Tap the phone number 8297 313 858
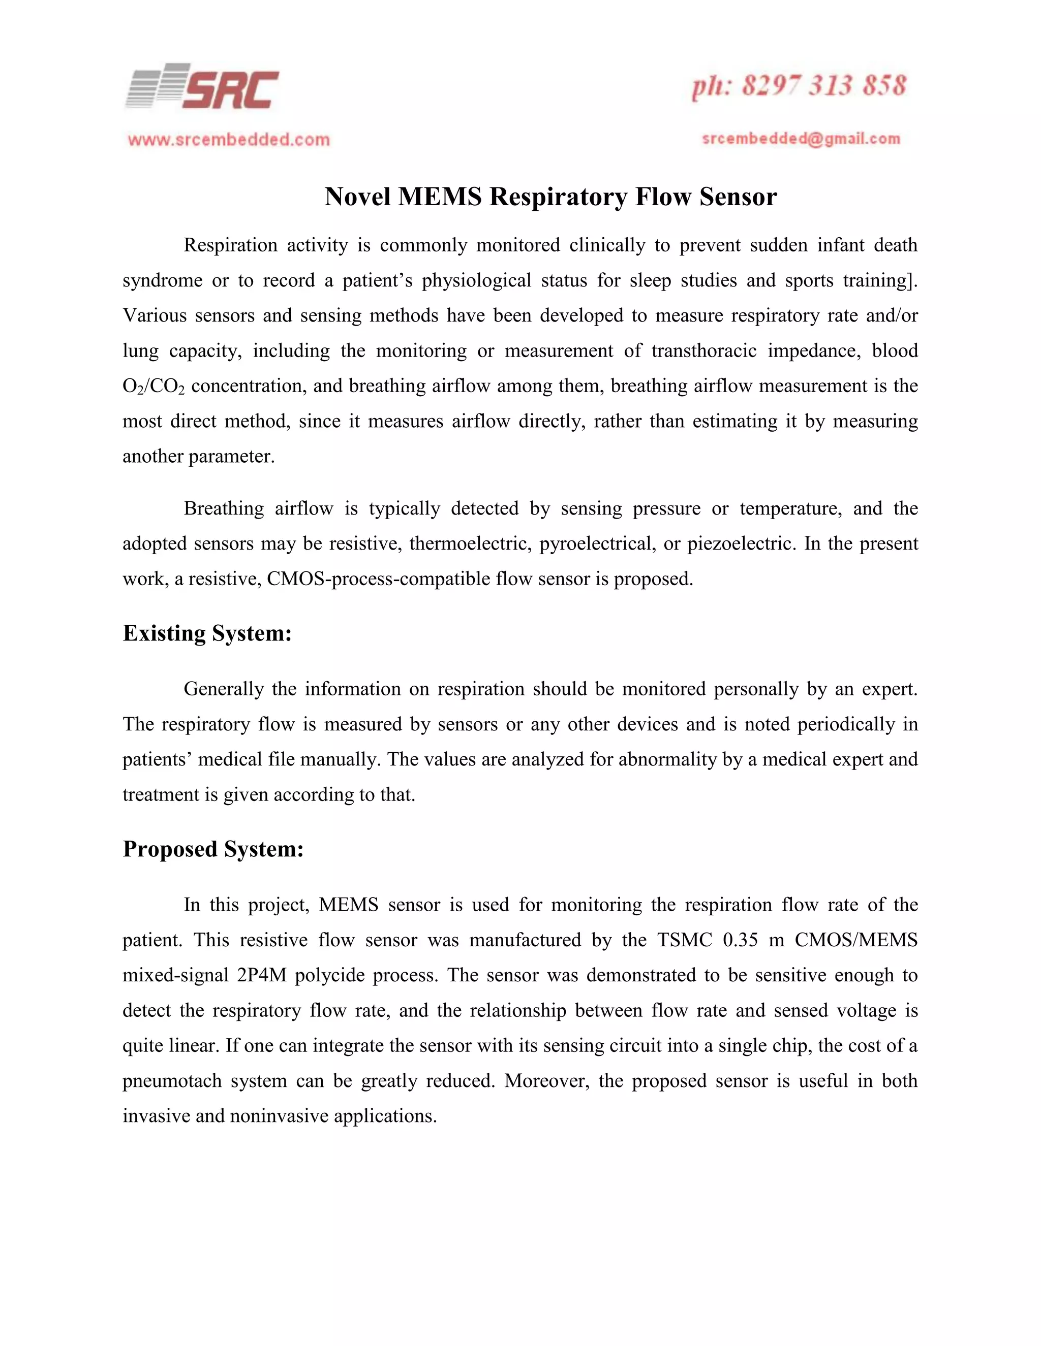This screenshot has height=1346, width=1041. click(823, 86)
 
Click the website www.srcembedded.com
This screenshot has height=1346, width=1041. click(229, 140)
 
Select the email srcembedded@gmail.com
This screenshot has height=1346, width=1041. click(801, 139)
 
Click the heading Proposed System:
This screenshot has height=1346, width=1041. click(213, 849)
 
